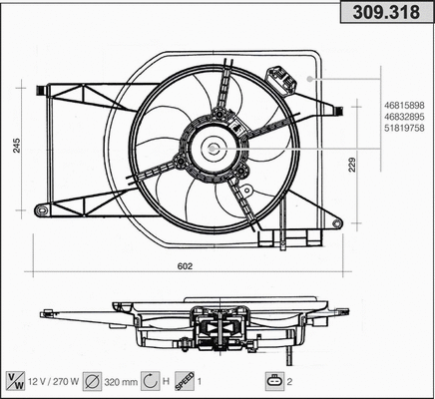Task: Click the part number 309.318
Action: click(x=388, y=15)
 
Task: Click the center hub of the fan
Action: click(x=212, y=149)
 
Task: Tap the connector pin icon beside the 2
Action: click(x=273, y=380)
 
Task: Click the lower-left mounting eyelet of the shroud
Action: click(x=41, y=209)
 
